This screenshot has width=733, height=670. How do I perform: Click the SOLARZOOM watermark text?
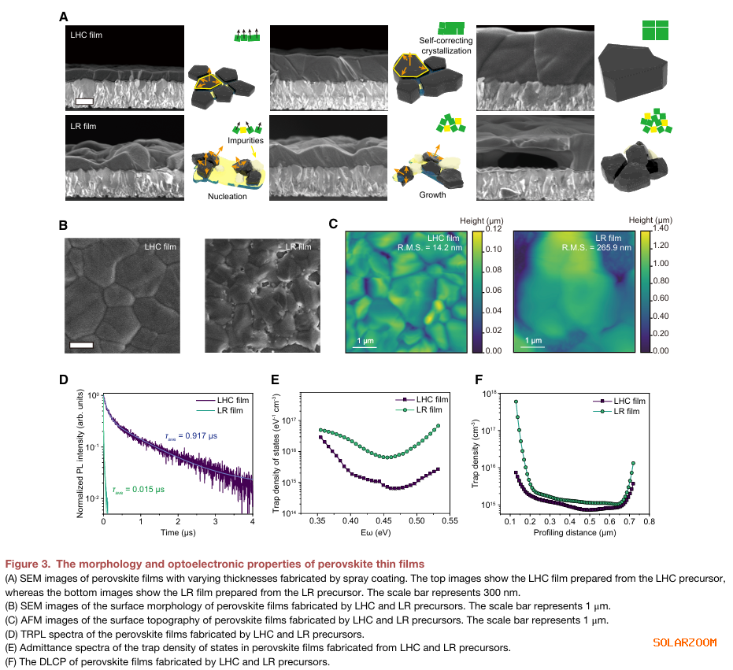pos(684,642)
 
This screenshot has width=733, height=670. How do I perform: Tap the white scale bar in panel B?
pos(81,345)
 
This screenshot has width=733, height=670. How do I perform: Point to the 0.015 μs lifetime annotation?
pos(139,489)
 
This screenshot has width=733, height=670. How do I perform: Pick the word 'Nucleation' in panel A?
pos(228,197)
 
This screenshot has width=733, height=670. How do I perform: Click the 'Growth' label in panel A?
pos(432,194)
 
